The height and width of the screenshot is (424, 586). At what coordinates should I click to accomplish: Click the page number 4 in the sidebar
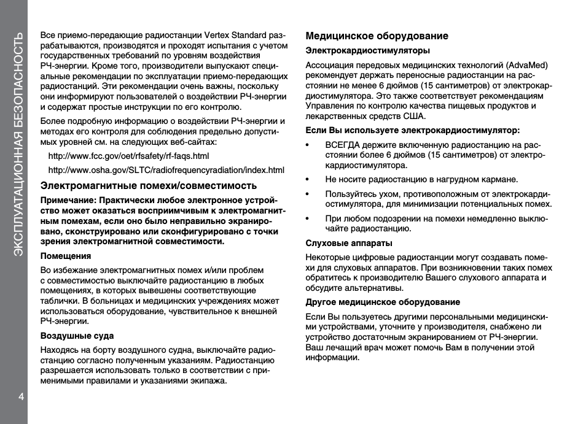pos(20,395)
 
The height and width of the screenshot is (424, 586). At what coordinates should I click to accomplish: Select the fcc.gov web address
pos(128,156)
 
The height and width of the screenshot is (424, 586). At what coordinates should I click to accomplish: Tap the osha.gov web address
pos(166,170)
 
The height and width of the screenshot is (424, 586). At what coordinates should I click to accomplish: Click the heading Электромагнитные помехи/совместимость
pos(149,185)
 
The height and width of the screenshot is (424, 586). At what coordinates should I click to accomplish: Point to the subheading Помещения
pos(66,256)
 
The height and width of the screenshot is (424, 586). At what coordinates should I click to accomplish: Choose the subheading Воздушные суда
pos(77,336)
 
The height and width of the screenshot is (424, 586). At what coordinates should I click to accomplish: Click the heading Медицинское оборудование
pos(377,36)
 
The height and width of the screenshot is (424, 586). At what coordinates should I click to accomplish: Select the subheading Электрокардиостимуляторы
pos(367,51)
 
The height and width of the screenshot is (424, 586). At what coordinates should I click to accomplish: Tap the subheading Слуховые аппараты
pos(349,244)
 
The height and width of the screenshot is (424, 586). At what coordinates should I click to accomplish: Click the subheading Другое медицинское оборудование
pos(383,302)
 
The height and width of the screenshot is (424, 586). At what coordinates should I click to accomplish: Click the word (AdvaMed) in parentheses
pos(527,65)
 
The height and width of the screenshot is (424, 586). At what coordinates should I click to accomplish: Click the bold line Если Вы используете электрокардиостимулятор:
pos(412,130)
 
